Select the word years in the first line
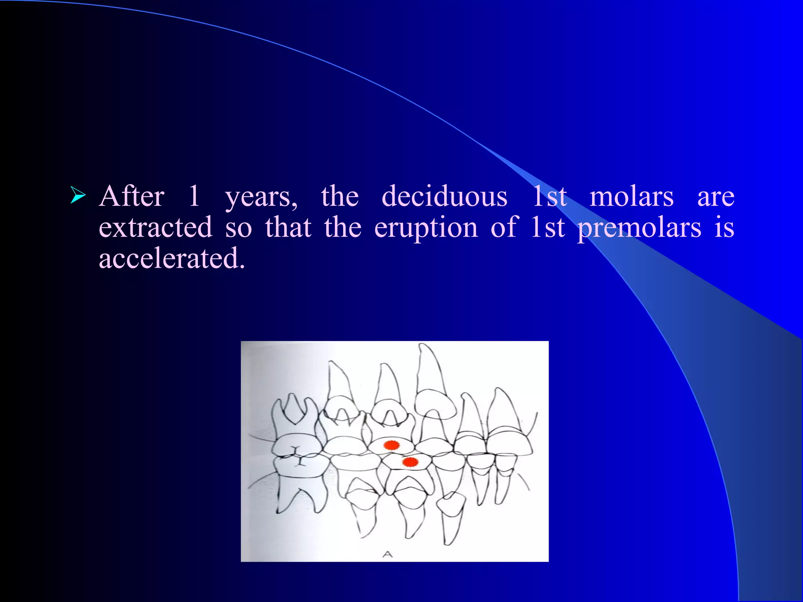coord(261,197)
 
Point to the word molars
coord(632,197)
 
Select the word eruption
coord(426,228)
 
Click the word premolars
coord(639,228)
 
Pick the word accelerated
coord(172,259)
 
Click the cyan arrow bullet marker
coord(78,196)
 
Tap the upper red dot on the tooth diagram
coord(391,445)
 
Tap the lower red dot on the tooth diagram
coord(410,462)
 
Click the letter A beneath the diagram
coord(387,554)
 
